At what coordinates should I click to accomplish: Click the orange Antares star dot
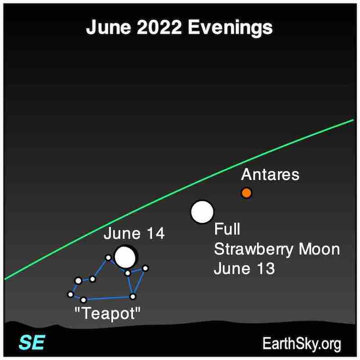tap(247, 193)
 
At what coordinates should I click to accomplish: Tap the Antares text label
tap(270, 175)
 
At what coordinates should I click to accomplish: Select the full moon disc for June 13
tap(202, 212)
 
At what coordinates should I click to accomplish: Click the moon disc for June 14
tap(125, 257)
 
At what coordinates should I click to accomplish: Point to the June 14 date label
tap(134, 234)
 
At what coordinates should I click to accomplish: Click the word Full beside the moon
tap(227, 229)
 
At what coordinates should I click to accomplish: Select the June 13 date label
tap(244, 268)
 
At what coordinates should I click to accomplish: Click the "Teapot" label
tap(108, 314)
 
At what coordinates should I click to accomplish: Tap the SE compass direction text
tap(32, 342)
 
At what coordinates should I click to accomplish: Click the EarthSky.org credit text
tap(301, 344)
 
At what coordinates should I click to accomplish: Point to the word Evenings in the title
tap(230, 28)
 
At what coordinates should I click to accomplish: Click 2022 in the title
tap(159, 27)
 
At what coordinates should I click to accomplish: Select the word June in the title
tap(108, 27)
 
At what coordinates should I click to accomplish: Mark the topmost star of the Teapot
tap(108, 257)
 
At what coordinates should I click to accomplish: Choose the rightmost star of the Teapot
tap(145, 268)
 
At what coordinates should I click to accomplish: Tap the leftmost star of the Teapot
tap(71, 294)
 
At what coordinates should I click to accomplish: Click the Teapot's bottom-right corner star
tap(133, 297)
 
